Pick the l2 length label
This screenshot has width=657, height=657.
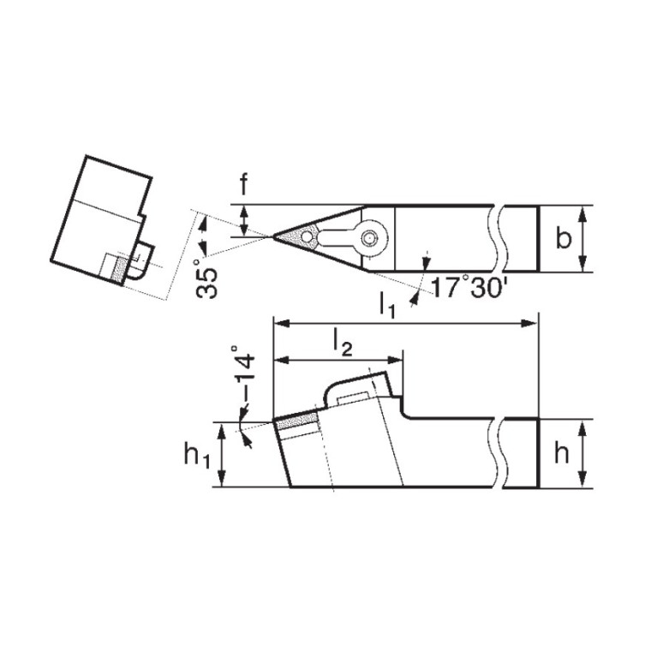click(341, 343)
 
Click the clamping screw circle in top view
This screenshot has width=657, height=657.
click(370, 238)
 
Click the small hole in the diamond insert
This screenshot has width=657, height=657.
click(305, 234)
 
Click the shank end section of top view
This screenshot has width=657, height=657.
click(522, 239)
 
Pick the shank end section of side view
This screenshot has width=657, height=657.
click(521, 454)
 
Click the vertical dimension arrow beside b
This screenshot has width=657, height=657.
click(583, 239)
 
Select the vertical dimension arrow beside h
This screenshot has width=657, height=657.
click(583, 454)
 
